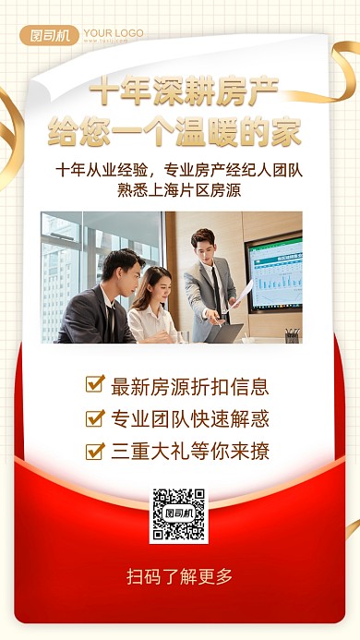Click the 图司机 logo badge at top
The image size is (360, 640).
50,36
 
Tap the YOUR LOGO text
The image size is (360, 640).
113,33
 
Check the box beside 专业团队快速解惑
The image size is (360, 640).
94,417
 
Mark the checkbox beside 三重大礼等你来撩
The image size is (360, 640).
94,451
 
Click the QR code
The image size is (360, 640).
179,514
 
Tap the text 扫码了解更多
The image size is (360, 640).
179,577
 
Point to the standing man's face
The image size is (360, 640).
203,244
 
